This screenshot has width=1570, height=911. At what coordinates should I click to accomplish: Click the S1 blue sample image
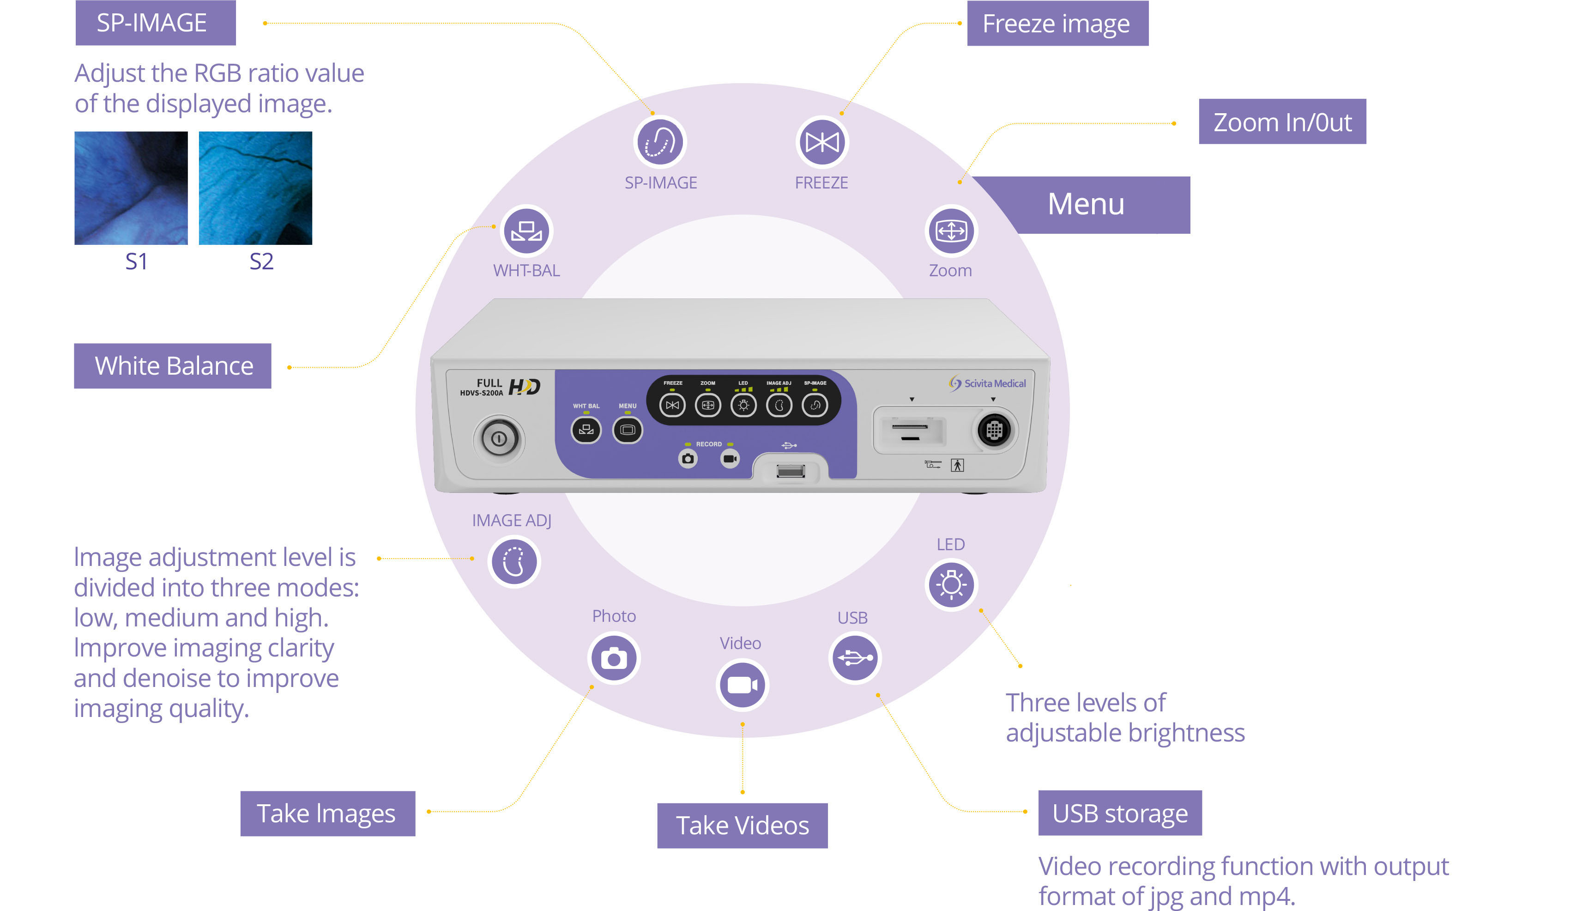click(131, 188)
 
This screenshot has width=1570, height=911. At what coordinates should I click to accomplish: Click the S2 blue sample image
click(255, 188)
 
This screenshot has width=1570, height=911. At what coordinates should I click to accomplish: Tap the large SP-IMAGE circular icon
click(660, 142)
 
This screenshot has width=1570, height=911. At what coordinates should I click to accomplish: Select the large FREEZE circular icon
click(822, 142)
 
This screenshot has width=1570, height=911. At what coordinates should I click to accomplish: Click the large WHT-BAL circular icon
click(527, 231)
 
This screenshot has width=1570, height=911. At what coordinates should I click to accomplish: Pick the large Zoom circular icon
click(951, 231)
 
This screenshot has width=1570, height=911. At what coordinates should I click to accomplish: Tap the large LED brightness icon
click(951, 584)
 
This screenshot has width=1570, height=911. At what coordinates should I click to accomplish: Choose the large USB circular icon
click(855, 657)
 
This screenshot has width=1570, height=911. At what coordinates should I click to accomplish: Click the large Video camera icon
click(742, 685)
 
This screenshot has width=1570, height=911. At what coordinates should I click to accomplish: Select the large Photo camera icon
click(614, 658)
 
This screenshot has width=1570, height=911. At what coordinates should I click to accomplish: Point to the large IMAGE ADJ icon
click(514, 561)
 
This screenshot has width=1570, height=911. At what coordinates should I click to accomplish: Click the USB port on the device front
click(791, 471)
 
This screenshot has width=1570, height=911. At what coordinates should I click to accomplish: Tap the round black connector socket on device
click(994, 430)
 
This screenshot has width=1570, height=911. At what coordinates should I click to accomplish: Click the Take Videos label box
click(742, 826)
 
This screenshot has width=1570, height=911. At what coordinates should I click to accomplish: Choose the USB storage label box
click(1120, 813)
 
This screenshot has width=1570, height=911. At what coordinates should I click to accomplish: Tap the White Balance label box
click(173, 366)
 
